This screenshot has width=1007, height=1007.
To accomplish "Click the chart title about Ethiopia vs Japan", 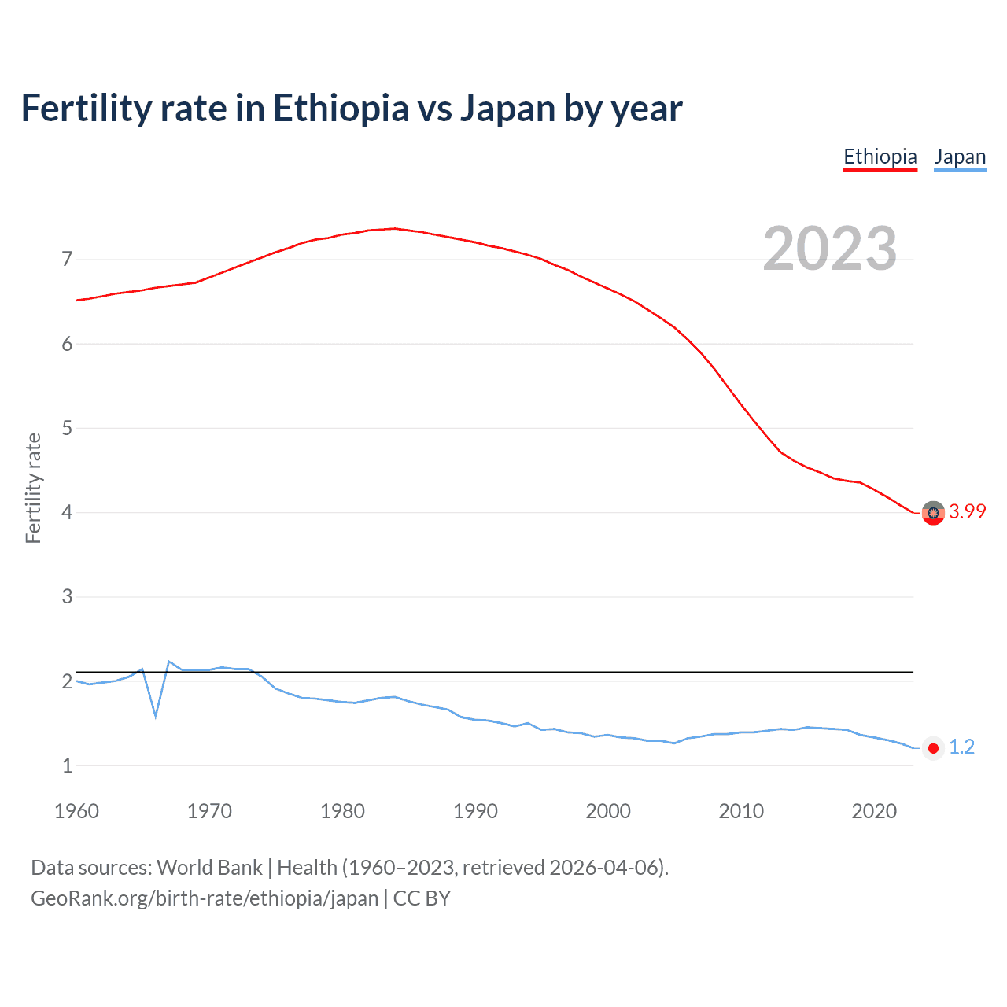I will (351, 109).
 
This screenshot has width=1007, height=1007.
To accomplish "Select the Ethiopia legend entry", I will (880, 157).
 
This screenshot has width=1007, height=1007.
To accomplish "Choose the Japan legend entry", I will (960, 157).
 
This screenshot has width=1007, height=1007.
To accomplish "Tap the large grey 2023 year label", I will (829, 249).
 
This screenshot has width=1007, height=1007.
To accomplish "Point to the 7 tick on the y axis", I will (67, 259).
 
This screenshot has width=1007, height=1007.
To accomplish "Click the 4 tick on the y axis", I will (67, 512).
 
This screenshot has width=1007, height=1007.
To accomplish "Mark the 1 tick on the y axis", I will (67, 765).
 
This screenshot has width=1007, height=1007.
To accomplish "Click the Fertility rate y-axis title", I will (33, 488).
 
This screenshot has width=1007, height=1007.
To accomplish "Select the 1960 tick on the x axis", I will (76, 811).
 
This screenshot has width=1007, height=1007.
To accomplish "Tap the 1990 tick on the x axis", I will (475, 811).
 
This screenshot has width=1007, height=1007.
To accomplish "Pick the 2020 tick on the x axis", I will (874, 811).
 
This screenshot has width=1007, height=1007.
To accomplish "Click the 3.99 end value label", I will (967, 512).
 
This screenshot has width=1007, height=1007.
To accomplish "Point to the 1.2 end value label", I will (961, 747).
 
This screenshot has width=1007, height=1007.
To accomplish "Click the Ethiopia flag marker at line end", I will (933, 513).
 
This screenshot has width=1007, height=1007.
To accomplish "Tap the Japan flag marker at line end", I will (933, 748).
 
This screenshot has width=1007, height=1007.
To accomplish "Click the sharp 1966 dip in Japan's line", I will (156, 715).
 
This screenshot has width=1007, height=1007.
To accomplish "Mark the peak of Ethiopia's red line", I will (395, 228).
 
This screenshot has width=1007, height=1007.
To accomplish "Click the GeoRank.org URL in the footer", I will (205, 898).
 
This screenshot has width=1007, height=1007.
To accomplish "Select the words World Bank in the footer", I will (209, 868).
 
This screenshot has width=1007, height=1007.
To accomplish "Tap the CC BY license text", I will (422, 898).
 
